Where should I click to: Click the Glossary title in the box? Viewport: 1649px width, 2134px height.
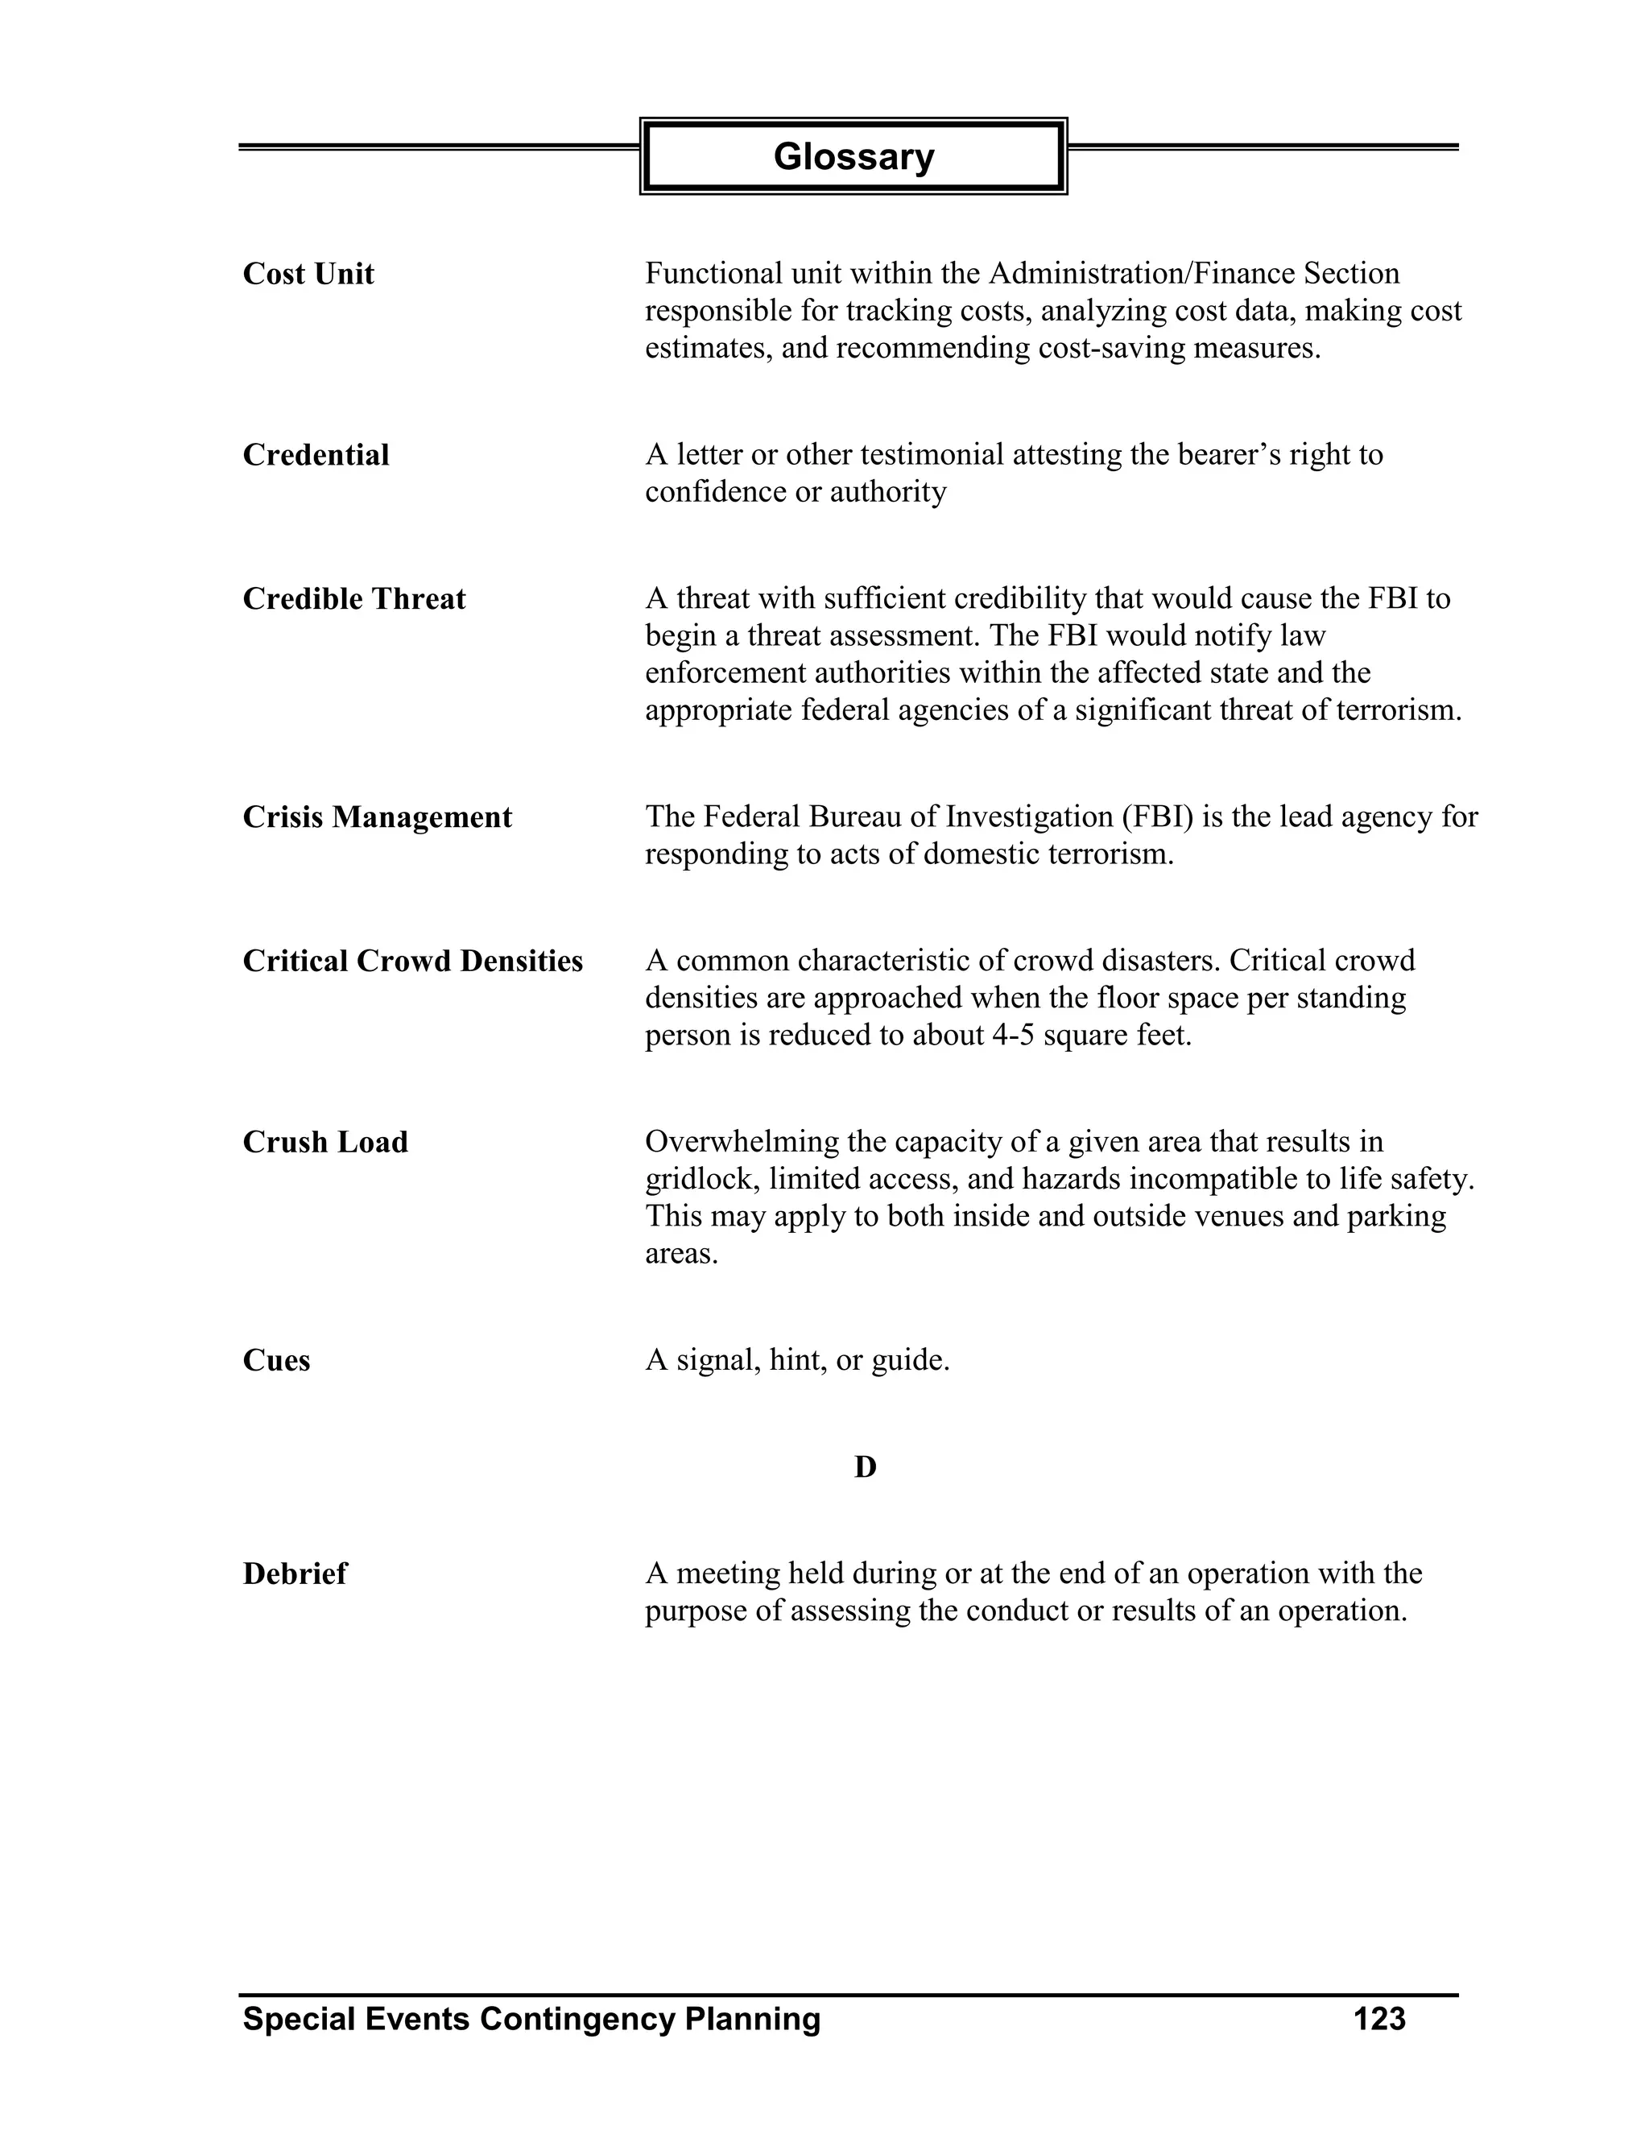coord(853,156)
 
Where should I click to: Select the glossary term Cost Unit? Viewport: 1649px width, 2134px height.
coord(308,275)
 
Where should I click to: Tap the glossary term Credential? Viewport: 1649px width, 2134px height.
coord(316,455)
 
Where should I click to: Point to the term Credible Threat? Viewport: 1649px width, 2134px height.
coord(353,599)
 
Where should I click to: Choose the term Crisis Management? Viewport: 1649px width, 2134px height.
coord(377,817)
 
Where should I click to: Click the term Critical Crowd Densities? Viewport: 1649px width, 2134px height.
coord(412,962)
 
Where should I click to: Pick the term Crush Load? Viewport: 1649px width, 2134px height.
coord(325,1142)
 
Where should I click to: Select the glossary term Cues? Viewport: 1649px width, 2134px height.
coord(276,1361)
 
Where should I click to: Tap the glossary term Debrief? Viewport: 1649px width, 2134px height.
coord(294,1574)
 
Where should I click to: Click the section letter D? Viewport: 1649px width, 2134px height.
coord(865,1466)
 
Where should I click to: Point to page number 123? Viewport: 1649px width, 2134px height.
coord(1378,2019)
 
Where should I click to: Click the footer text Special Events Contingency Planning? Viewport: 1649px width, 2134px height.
coord(531,2019)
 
